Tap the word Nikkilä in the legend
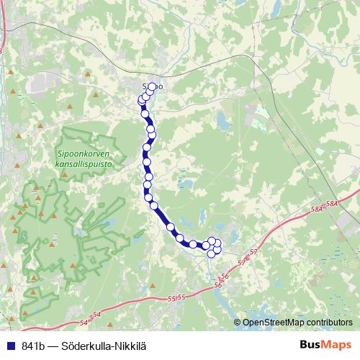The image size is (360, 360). click(x=130, y=346)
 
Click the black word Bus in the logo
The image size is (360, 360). click(x=310, y=345)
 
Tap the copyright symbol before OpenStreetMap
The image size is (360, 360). click(x=238, y=323)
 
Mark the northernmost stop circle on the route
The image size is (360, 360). click(x=153, y=87)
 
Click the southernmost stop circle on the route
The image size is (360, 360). click(x=211, y=253)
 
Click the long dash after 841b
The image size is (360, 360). click(x=56, y=346)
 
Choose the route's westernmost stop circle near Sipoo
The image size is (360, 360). click(x=142, y=101)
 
